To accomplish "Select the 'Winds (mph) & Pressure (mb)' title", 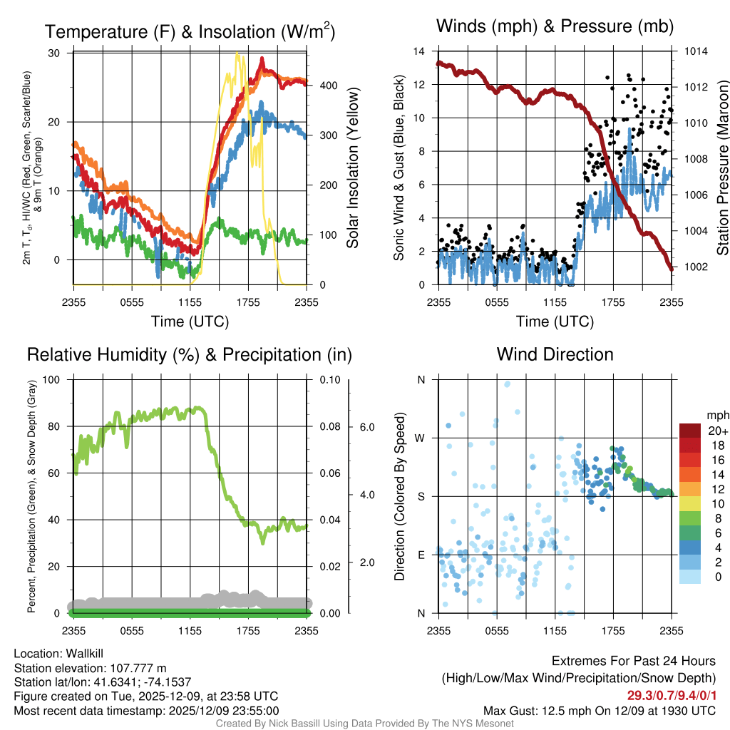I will (x=555, y=26).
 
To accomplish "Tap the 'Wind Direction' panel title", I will (x=555, y=354).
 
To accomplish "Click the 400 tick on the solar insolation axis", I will (x=327, y=86).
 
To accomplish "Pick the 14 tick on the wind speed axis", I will (x=419, y=51).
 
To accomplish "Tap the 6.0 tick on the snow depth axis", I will (x=367, y=427).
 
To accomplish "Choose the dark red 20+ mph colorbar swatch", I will (x=691, y=430).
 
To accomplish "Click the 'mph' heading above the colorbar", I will (x=716, y=415).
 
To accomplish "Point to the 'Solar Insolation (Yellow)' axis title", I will (x=352, y=168).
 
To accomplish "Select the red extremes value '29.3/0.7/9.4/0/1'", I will (x=672, y=695).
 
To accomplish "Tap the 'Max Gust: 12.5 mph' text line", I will (x=600, y=710).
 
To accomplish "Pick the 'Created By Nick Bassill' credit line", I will (x=364, y=724).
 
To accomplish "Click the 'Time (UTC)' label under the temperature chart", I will (x=190, y=322).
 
